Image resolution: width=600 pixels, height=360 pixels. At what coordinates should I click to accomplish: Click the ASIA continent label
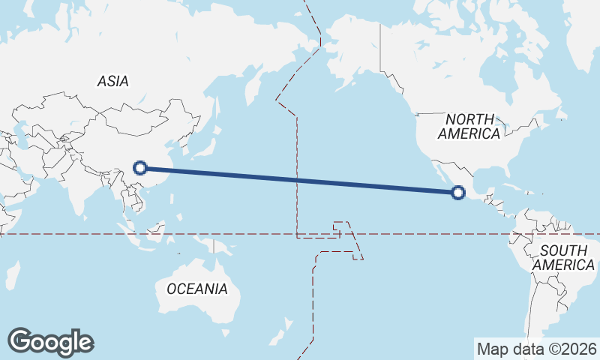coord(113,81)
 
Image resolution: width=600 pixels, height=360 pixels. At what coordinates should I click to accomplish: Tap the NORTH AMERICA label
coord(469,126)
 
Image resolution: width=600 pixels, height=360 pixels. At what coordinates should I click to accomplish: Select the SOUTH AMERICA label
coord(565,257)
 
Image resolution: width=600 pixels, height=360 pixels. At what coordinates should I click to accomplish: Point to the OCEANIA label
coord(196,289)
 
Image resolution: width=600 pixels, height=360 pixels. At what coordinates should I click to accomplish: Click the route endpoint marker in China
coord(140,168)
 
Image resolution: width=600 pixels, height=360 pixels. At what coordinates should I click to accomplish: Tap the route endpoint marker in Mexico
coord(457,193)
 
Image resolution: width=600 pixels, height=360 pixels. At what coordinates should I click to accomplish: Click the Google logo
coord(50,341)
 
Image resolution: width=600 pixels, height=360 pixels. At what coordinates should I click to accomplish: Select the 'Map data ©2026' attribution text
coord(537,349)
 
